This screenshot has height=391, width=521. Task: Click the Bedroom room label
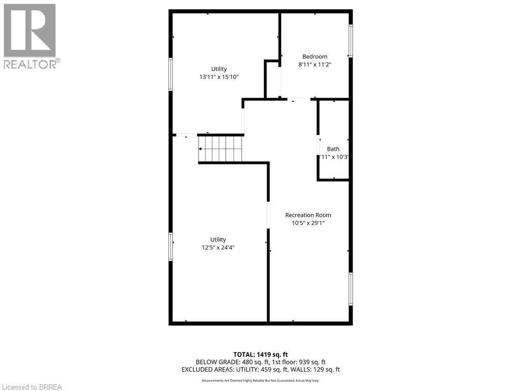[314, 57]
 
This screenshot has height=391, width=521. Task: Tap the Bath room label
[333, 149]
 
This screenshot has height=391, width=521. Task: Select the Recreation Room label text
[308, 215]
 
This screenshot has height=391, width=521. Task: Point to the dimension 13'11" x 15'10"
[219, 77]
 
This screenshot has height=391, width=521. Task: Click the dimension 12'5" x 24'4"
[218, 247]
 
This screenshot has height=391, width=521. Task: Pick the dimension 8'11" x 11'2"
[314, 65]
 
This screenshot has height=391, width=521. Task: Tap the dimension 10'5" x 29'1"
[308, 223]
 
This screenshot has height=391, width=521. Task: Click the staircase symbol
[221, 148]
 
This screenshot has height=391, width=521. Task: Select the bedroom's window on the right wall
[350, 41]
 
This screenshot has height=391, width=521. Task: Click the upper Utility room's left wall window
[171, 74]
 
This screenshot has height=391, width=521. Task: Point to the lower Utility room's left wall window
[171, 246]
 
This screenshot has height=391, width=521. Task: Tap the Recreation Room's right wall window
[350, 289]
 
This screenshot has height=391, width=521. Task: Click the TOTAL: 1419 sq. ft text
[260, 354]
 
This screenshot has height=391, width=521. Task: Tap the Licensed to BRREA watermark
[31, 386]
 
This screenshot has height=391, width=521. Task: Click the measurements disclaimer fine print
[260, 381]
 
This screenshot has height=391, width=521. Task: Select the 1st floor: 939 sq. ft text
[297, 362]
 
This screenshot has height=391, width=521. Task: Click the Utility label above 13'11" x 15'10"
[219, 69]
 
